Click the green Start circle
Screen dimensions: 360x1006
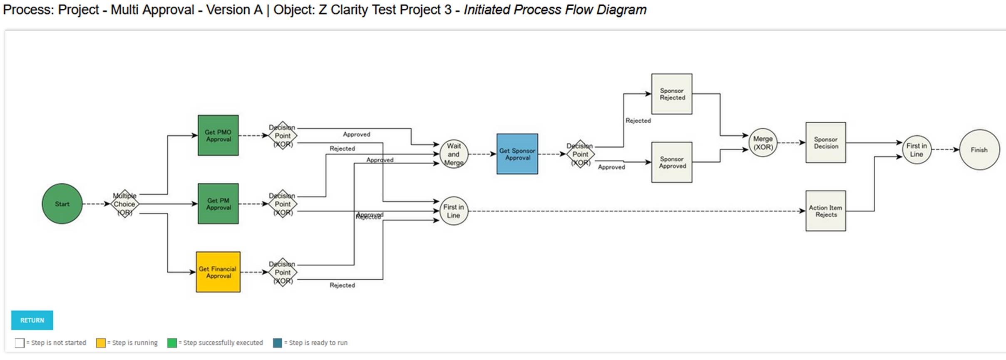[x=62, y=204]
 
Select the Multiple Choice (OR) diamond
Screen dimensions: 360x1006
[x=124, y=204]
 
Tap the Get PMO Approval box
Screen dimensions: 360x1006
[x=218, y=136]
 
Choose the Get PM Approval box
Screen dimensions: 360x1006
[x=218, y=204]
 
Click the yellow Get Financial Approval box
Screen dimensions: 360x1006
[x=218, y=272]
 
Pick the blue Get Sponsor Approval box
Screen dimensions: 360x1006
[x=517, y=154]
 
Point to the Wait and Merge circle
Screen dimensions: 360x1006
[x=454, y=154]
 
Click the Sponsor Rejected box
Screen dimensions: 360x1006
[x=672, y=94]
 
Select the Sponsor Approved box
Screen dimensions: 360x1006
[x=672, y=162]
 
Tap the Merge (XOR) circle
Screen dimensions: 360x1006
[x=763, y=143]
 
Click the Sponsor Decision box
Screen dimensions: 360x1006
[x=826, y=143]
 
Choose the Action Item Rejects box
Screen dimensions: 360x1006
[x=826, y=211]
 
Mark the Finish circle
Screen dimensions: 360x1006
[x=979, y=150]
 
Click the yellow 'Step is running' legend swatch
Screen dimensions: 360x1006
[x=101, y=343]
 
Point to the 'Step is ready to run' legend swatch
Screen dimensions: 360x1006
[x=278, y=343]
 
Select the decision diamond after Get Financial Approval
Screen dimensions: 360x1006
[x=283, y=272]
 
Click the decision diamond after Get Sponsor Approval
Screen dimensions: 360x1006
[x=580, y=154]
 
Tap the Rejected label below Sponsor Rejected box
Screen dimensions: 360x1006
[x=638, y=121]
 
